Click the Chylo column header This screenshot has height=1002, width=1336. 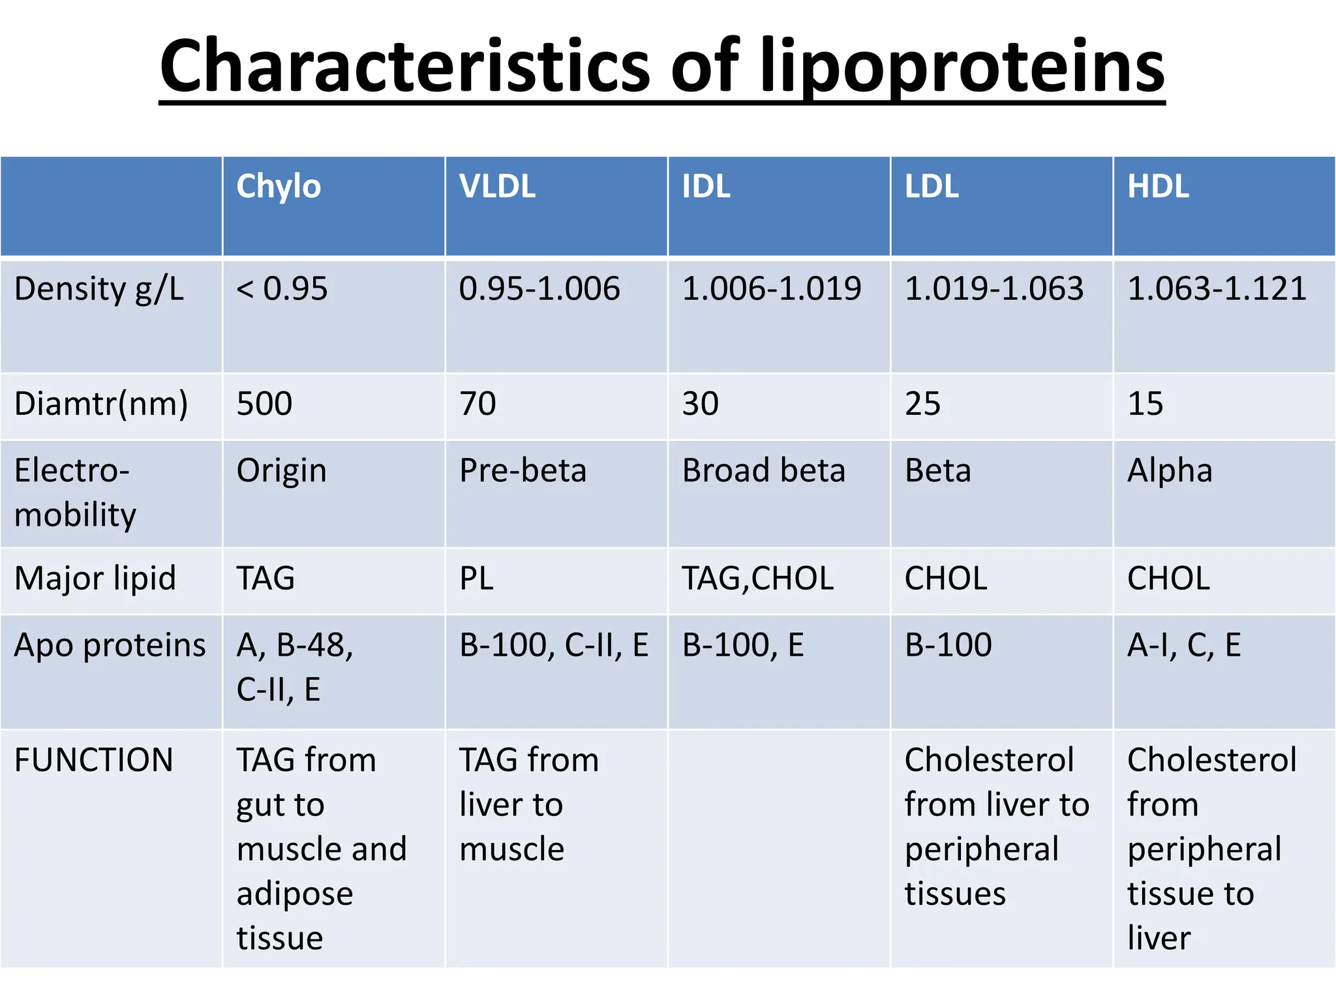tap(279, 187)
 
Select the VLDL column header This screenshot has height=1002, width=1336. tap(497, 187)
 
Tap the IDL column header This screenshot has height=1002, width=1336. tap(706, 187)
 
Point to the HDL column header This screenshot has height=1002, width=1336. tap(1158, 187)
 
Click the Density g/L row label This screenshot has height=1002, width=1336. tap(99, 289)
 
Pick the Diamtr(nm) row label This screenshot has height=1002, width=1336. tap(101, 404)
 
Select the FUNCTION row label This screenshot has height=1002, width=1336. tap(94, 760)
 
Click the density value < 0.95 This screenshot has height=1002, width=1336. tap(282, 289)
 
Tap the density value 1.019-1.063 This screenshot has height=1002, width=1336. tap(994, 289)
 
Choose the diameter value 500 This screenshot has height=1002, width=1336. tap(264, 404)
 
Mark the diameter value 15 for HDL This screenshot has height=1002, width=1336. tap(1145, 404)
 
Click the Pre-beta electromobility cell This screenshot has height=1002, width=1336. tap(523, 471)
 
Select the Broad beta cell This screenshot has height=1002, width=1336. tap(763, 471)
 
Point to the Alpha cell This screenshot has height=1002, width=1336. tap(1170, 471)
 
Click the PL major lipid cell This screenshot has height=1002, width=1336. tap(476, 579)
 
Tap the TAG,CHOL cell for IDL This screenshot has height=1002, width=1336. tap(757, 579)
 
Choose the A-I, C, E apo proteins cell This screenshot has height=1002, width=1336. tap(1184, 645)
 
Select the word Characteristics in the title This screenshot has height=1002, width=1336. tap(404, 67)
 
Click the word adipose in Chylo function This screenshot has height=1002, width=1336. tap(294, 894)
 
